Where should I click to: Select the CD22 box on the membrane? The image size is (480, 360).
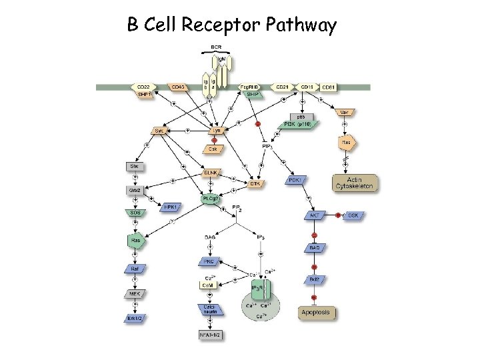pos(143,87)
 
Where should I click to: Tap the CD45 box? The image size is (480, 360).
pos(178,87)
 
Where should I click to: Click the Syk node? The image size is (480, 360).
pos(159,131)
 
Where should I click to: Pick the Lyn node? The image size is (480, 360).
pos(216,131)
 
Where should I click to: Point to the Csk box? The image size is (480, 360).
pos(214,149)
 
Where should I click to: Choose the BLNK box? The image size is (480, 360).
pos(211,173)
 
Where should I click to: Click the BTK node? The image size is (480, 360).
pos(254,183)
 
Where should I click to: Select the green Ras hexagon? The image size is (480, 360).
pos(135,241)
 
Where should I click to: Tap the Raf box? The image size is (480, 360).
pos(135,269)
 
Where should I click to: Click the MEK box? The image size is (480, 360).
pos(135,293)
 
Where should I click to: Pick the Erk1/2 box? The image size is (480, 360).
pos(135,318)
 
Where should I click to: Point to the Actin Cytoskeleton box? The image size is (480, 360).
pos(355,182)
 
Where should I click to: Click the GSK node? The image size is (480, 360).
pos(353,216)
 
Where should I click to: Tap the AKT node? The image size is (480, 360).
pos(314,216)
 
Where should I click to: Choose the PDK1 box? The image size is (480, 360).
pos(295,179)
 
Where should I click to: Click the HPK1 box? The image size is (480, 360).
pos(171,207)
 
